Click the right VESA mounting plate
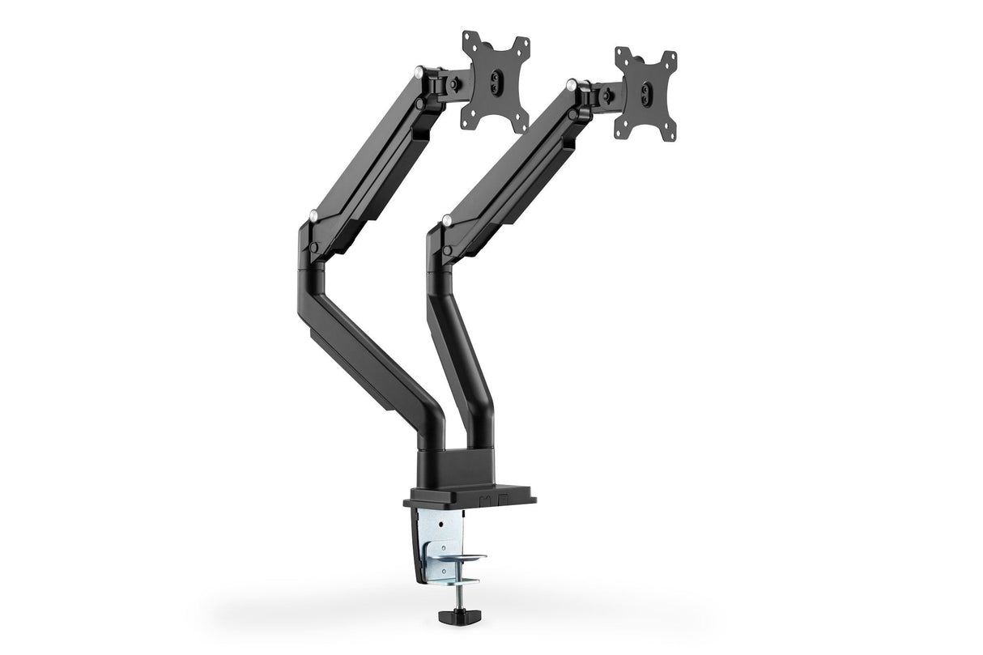(645, 94)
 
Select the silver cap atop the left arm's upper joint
(419, 72)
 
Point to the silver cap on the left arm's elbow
(313, 215)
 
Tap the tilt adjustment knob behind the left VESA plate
(457, 81)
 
